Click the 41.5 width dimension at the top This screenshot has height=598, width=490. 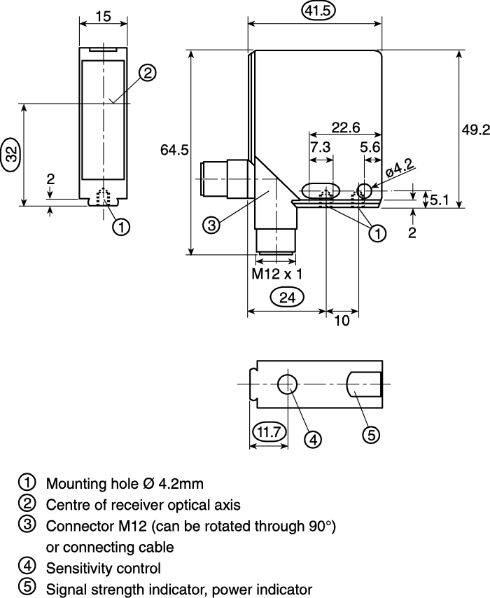point(318,11)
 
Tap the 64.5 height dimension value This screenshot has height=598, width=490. point(174,150)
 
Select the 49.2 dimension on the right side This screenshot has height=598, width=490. point(475,130)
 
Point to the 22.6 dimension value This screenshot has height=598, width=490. point(346,127)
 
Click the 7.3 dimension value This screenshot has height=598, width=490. point(321,147)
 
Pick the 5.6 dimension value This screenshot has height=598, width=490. point(370,147)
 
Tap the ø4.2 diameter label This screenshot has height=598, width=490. point(399,168)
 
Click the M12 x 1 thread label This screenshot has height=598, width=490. point(276,274)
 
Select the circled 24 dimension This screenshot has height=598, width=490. point(287,298)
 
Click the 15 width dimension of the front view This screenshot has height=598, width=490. point(103,16)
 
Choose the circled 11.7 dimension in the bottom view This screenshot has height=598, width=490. point(269,432)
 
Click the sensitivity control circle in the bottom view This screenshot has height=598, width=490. point(288,384)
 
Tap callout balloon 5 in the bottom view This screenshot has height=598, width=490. point(371,434)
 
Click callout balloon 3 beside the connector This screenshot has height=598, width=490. point(211,225)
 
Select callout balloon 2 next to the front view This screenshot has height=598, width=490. point(147,73)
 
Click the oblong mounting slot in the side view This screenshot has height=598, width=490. point(321,190)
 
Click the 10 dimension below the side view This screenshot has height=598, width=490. point(342,321)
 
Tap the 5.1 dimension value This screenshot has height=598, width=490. point(440,200)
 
